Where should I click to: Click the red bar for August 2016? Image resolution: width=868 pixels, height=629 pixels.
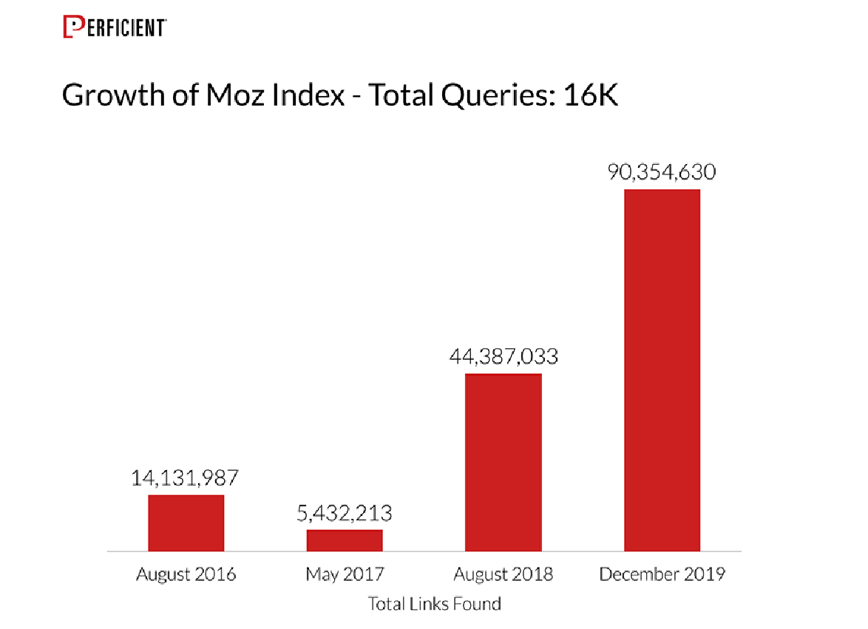tap(186, 523)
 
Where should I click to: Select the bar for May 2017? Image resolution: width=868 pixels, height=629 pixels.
tap(345, 540)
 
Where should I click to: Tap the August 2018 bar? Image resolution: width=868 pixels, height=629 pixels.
tap(503, 462)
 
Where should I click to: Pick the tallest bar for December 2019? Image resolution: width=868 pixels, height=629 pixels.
tap(662, 370)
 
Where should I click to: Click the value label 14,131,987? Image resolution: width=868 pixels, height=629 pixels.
tap(186, 477)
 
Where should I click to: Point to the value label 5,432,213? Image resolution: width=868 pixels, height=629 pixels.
tap(345, 513)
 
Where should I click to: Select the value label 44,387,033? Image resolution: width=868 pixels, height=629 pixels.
tap(503, 357)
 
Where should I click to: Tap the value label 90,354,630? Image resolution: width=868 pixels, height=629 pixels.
tap(662, 172)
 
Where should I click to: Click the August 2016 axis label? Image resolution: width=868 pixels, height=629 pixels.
tap(186, 574)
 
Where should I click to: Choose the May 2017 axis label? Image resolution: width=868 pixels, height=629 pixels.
tap(345, 574)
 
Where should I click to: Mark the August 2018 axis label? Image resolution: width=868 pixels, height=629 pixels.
tap(503, 574)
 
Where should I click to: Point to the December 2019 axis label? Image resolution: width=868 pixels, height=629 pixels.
tap(662, 574)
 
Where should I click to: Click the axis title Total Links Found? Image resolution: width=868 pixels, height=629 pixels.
tap(435, 604)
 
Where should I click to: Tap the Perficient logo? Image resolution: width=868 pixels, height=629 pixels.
tap(114, 27)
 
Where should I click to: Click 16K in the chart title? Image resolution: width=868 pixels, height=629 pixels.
tap(591, 95)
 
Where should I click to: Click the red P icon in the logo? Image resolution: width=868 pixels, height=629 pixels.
tap(70, 27)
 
